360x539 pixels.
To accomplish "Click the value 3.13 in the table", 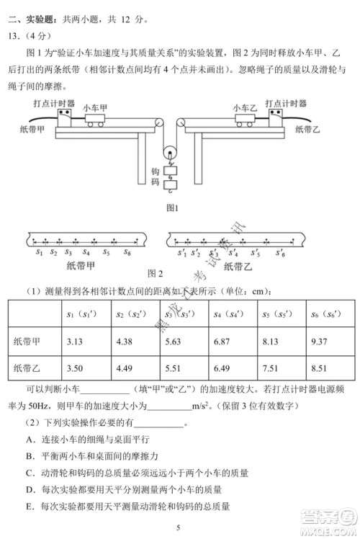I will coord(74,341).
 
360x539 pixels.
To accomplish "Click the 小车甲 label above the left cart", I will coord(94,106).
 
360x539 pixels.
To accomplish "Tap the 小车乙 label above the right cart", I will coord(245,107).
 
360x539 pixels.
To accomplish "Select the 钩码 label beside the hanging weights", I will coord(154,178).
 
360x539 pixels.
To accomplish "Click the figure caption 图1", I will coord(172,208).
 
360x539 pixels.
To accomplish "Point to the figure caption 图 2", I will coord(155,273).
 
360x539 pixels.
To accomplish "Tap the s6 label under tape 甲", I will coord(127,253).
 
